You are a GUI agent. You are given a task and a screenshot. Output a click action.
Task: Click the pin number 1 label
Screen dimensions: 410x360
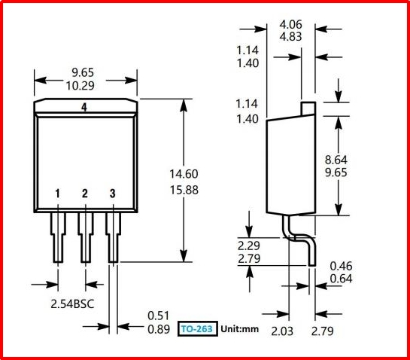(57, 194)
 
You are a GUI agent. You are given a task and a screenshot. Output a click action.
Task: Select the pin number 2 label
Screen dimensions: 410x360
(85, 194)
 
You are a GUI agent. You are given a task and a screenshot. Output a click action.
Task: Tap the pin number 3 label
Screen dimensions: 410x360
(112, 194)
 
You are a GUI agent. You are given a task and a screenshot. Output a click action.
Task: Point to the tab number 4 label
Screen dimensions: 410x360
(84, 108)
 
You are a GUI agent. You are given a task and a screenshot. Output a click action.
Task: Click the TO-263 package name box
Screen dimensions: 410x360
(198, 328)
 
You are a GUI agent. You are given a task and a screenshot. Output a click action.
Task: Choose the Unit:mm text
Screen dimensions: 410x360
(239, 329)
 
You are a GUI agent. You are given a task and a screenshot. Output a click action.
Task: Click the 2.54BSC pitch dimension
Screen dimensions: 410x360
(72, 304)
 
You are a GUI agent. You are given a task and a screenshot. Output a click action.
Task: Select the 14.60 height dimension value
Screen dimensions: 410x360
(184, 174)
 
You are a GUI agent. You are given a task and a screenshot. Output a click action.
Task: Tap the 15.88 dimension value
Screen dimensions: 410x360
(184, 190)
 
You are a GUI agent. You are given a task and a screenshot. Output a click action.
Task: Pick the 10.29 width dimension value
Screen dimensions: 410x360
(80, 86)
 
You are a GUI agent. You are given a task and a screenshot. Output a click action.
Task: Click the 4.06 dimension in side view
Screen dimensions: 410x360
(291, 25)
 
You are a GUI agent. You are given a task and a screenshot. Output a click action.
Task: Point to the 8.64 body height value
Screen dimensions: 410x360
(336, 160)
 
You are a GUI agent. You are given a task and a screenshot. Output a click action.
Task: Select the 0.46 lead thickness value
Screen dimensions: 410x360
(341, 266)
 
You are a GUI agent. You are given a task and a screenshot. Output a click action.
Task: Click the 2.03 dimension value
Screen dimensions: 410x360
(282, 331)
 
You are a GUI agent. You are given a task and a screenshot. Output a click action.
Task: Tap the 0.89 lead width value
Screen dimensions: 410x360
(159, 329)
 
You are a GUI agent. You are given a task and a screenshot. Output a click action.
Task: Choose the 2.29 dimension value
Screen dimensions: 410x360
(249, 246)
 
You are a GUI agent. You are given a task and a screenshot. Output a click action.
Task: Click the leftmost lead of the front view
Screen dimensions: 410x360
(58, 237)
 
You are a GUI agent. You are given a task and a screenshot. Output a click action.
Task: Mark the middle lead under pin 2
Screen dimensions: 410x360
(86, 237)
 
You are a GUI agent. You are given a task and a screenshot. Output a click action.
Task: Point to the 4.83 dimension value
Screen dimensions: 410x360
(291, 37)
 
